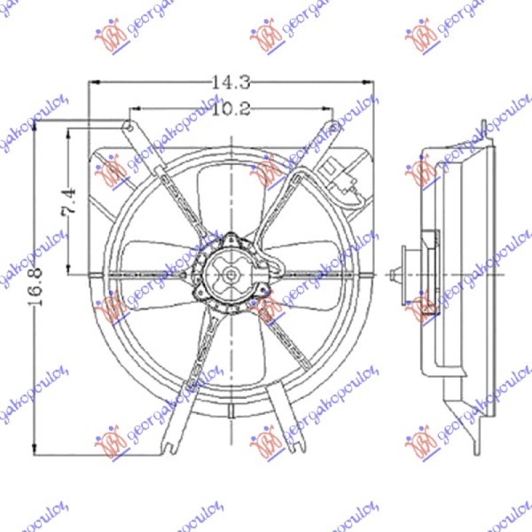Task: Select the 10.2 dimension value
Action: point(231,110)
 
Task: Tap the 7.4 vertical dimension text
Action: point(70,201)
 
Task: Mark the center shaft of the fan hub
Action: point(230,273)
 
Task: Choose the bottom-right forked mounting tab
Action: point(291,436)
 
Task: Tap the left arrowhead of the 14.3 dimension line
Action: point(93,82)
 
